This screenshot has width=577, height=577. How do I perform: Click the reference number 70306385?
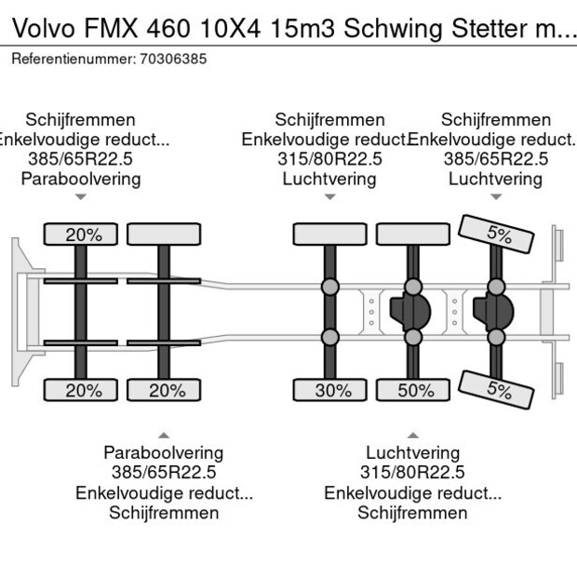point(172,59)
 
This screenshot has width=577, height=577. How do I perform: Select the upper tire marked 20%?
point(83,235)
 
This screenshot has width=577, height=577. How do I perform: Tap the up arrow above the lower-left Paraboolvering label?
point(164,435)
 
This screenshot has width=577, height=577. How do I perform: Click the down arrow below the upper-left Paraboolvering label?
point(81,196)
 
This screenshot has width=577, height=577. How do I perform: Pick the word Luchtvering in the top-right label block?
point(495,179)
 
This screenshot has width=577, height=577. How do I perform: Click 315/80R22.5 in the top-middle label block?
point(329,159)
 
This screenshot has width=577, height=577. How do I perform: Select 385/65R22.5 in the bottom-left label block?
point(164,473)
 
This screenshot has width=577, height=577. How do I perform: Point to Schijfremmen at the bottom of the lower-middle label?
point(412,513)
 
